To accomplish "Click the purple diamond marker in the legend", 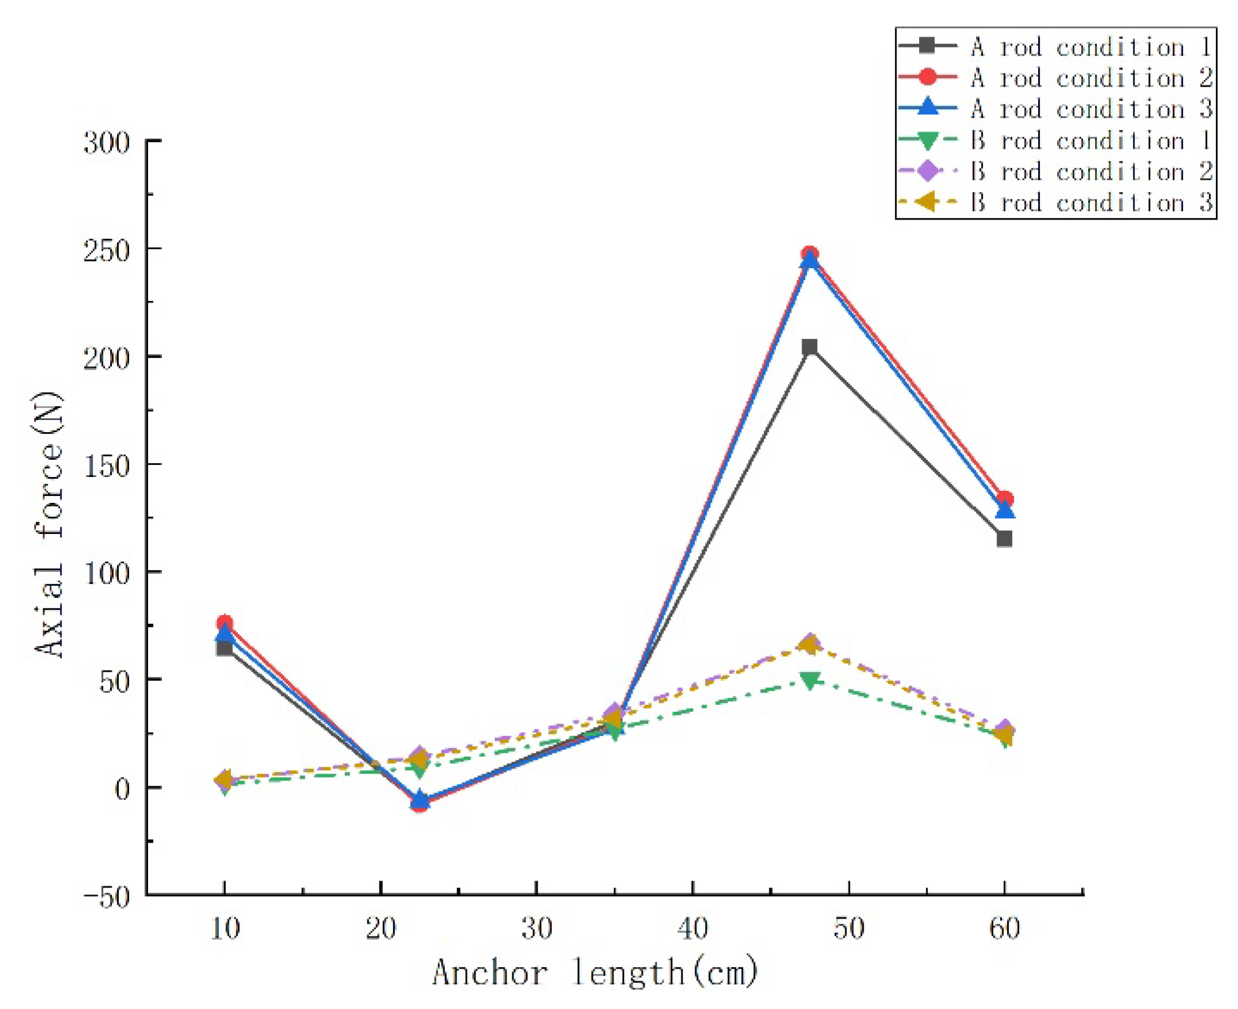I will (x=927, y=171).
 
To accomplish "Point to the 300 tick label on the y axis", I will (x=106, y=143).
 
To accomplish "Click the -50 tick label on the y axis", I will (x=106, y=897).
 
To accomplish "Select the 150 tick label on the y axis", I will (x=106, y=466).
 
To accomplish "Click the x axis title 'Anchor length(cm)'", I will (x=595, y=972).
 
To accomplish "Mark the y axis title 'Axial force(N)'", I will (x=49, y=525).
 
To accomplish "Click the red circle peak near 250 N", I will (x=810, y=254).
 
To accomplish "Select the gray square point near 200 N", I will (x=810, y=347).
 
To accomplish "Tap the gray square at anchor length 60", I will (x=1005, y=539).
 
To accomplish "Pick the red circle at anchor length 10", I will (x=225, y=623).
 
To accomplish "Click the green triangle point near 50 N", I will (x=810, y=680).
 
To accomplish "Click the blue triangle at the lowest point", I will (x=419, y=799).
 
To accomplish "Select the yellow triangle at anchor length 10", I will (x=223, y=779).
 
